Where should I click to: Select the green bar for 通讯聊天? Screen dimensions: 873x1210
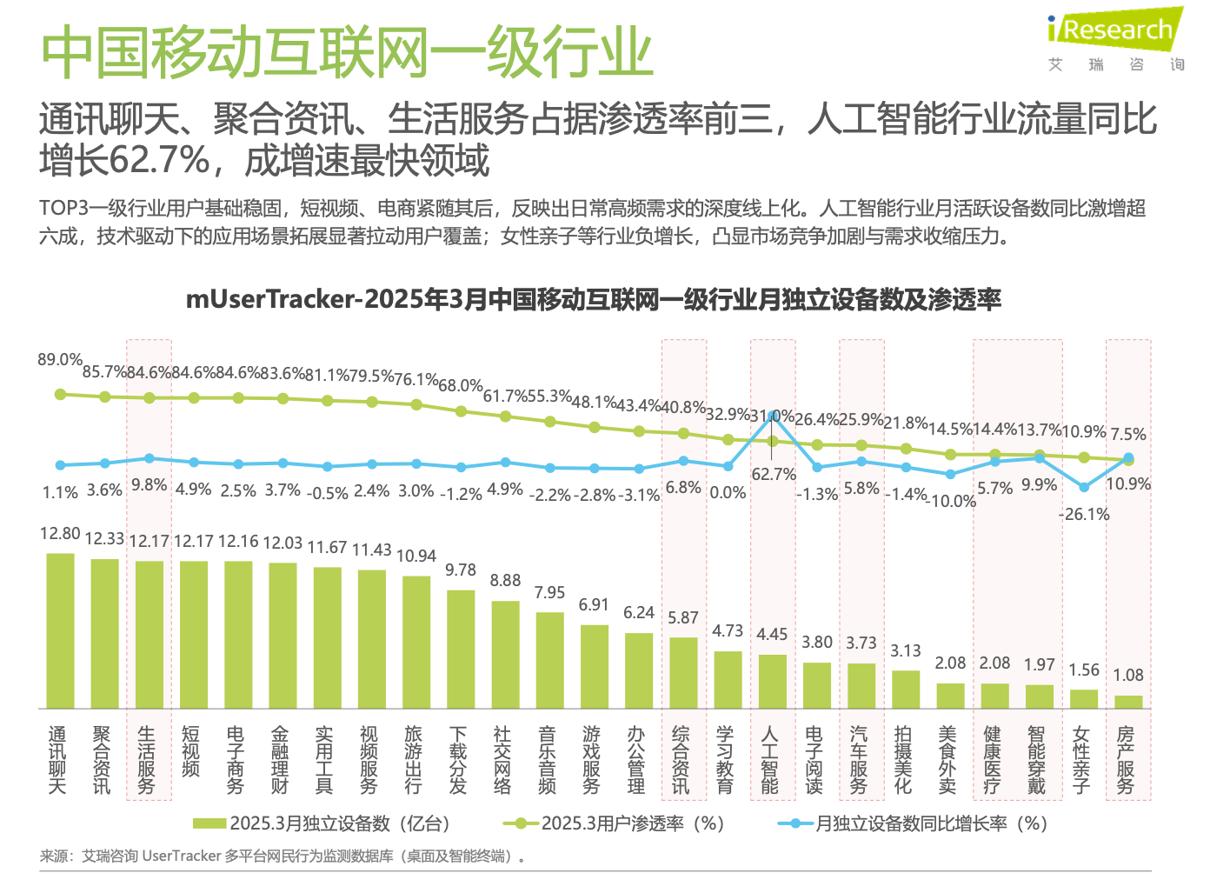coord(60,630)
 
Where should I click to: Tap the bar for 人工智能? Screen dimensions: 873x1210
coord(772,681)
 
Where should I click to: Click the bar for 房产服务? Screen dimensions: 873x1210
coord(1128,702)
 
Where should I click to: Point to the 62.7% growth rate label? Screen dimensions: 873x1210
coord(774,475)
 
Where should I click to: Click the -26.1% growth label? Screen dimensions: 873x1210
coord(1084,514)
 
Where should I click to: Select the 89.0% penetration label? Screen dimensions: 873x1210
coord(60,360)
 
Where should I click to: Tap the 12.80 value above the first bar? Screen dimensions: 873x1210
coord(60,534)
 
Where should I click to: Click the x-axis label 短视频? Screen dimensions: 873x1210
coord(191,752)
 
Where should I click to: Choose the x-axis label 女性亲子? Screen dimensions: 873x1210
coord(1081,760)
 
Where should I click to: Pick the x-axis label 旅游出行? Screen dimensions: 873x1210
coord(414,760)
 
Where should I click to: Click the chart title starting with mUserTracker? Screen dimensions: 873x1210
coord(593,300)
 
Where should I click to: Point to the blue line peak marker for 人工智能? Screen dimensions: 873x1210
coord(772,417)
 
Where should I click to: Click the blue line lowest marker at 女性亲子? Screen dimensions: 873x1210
coord(1083,488)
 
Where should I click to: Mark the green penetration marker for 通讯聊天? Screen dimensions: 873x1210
coord(60,394)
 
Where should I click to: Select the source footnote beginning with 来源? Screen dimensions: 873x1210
coord(283,856)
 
